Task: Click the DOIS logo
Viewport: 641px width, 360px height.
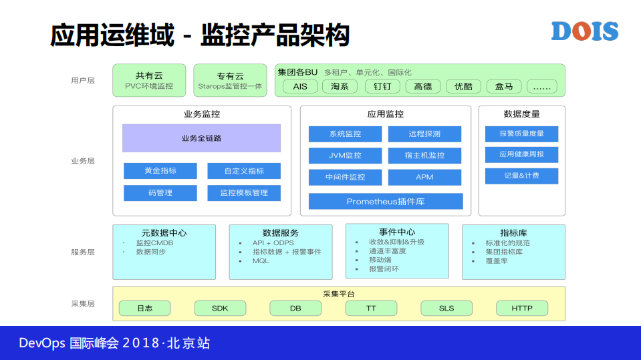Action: (x=584, y=31)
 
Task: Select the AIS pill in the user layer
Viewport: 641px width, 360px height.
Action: (x=300, y=86)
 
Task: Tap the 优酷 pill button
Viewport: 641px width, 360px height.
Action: (x=463, y=86)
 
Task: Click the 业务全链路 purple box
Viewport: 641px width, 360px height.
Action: (x=201, y=138)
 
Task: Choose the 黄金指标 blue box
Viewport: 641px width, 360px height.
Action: (x=160, y=171)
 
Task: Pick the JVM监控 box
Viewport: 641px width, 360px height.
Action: (x=345, y=156)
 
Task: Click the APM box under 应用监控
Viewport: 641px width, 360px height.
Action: (x=424, y=177)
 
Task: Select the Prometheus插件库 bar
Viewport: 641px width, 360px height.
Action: (x=386, y=201)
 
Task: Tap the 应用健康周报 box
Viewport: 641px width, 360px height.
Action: (x=521, y=154)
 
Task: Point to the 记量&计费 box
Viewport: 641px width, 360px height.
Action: (x=521, y=176)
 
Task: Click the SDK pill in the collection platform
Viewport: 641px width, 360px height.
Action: (x=220, y=308)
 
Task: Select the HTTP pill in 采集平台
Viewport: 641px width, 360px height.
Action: (x=522, y=308)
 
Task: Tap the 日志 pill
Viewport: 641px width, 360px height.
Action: (x=144, y=308)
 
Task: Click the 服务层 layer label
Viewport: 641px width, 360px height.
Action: (x=83, y=252)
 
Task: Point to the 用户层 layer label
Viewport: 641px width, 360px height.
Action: (x=83, y=80)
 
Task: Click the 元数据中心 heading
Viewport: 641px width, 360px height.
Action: (x=164, y=233)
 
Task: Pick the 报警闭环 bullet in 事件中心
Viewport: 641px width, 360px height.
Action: (x=384, y=269)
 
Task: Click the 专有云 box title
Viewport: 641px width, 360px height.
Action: (x=230, y=75)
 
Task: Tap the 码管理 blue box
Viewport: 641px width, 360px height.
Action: (x=160, y=193)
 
